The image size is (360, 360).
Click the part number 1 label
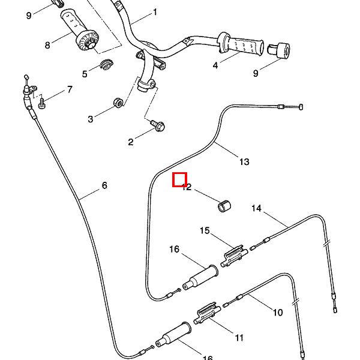(x=155, y=12)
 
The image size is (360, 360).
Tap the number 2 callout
(x=131, y=142)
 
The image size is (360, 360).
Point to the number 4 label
(x=215, y=65)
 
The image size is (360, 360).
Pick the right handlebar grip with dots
(x=243, y=44)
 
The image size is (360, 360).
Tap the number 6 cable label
(x=104, y=186)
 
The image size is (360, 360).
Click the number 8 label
(x=48, y=45)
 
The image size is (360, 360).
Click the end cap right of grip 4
(x=279, y=50)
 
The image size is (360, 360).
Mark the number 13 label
(x=244, y=162)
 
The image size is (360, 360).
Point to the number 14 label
(x=257, y=209)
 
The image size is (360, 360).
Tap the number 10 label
(x=278, y=313)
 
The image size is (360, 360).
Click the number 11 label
(x=239, y=338)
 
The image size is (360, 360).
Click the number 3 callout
(x=91, y=119)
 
